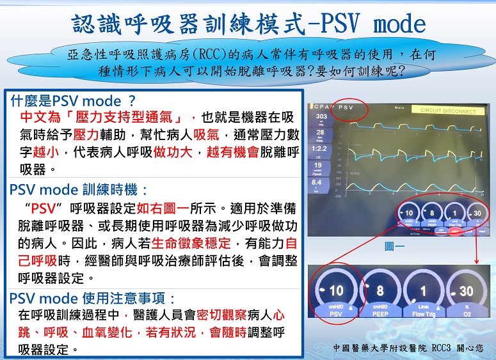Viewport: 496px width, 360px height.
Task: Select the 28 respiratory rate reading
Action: point(321,132)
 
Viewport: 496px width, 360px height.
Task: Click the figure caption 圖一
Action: point(393,245)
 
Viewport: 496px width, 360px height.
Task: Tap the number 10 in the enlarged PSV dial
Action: point(336,291)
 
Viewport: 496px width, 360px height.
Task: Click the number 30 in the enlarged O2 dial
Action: point(466,292)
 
